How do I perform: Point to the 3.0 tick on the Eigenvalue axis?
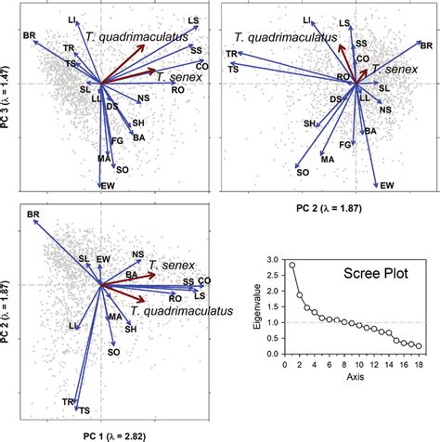pyautogui.click(x=275, y=264)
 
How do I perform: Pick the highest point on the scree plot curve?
pyautogui.click(x=291, y=265)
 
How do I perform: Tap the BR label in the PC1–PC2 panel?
pyautogui.click(x=32, y=215)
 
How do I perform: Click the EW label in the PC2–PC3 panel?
pyautogui.click(x=387, y=186)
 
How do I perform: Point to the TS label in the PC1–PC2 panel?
pyautogui.click(x=84, y=410)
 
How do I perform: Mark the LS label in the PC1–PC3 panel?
pyautogui.click(x=193, y=19)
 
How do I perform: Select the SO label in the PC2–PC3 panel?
pyautogui.click(x=302, y=172)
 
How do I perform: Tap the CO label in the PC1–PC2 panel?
pyautogui.click(x=204, y=279)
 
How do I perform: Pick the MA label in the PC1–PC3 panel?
pyautogui.click(x=105, y=160)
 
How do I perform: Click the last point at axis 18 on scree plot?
pyautogui.click(x=420, y=346)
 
